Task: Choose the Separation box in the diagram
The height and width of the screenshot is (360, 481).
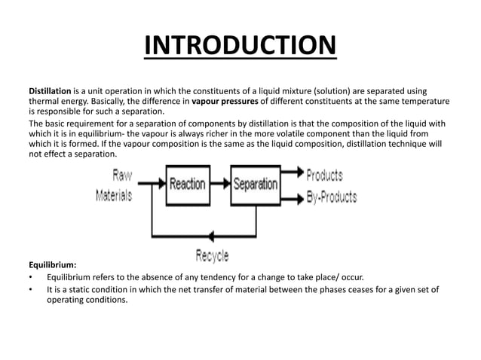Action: (x=255, y=183)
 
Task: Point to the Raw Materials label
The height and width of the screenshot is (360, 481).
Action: (x=115, y=185)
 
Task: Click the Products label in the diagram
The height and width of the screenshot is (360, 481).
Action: (x=324, y=175)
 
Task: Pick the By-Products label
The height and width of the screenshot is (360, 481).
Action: (x=331, y=197)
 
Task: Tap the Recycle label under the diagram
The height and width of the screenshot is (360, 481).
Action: (x=212, y=256)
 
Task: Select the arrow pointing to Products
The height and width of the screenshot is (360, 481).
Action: (x=292, y=175)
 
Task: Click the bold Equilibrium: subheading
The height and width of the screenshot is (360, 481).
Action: (x=52, y=265)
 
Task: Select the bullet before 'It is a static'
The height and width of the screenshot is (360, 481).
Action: (x=32, y=289)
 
